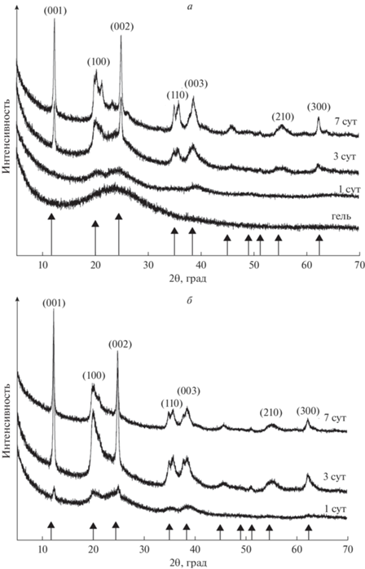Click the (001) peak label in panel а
(x=55, y=11)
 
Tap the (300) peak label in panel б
(x=308, y=412)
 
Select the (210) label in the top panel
(x=283, y=117)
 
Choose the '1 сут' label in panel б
(x=334, y=509)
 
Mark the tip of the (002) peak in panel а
(x=121, y=35)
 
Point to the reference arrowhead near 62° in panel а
(x=319, y=238)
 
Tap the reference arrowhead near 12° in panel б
(x=51, y=524)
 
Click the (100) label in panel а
(x=99, y=62)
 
